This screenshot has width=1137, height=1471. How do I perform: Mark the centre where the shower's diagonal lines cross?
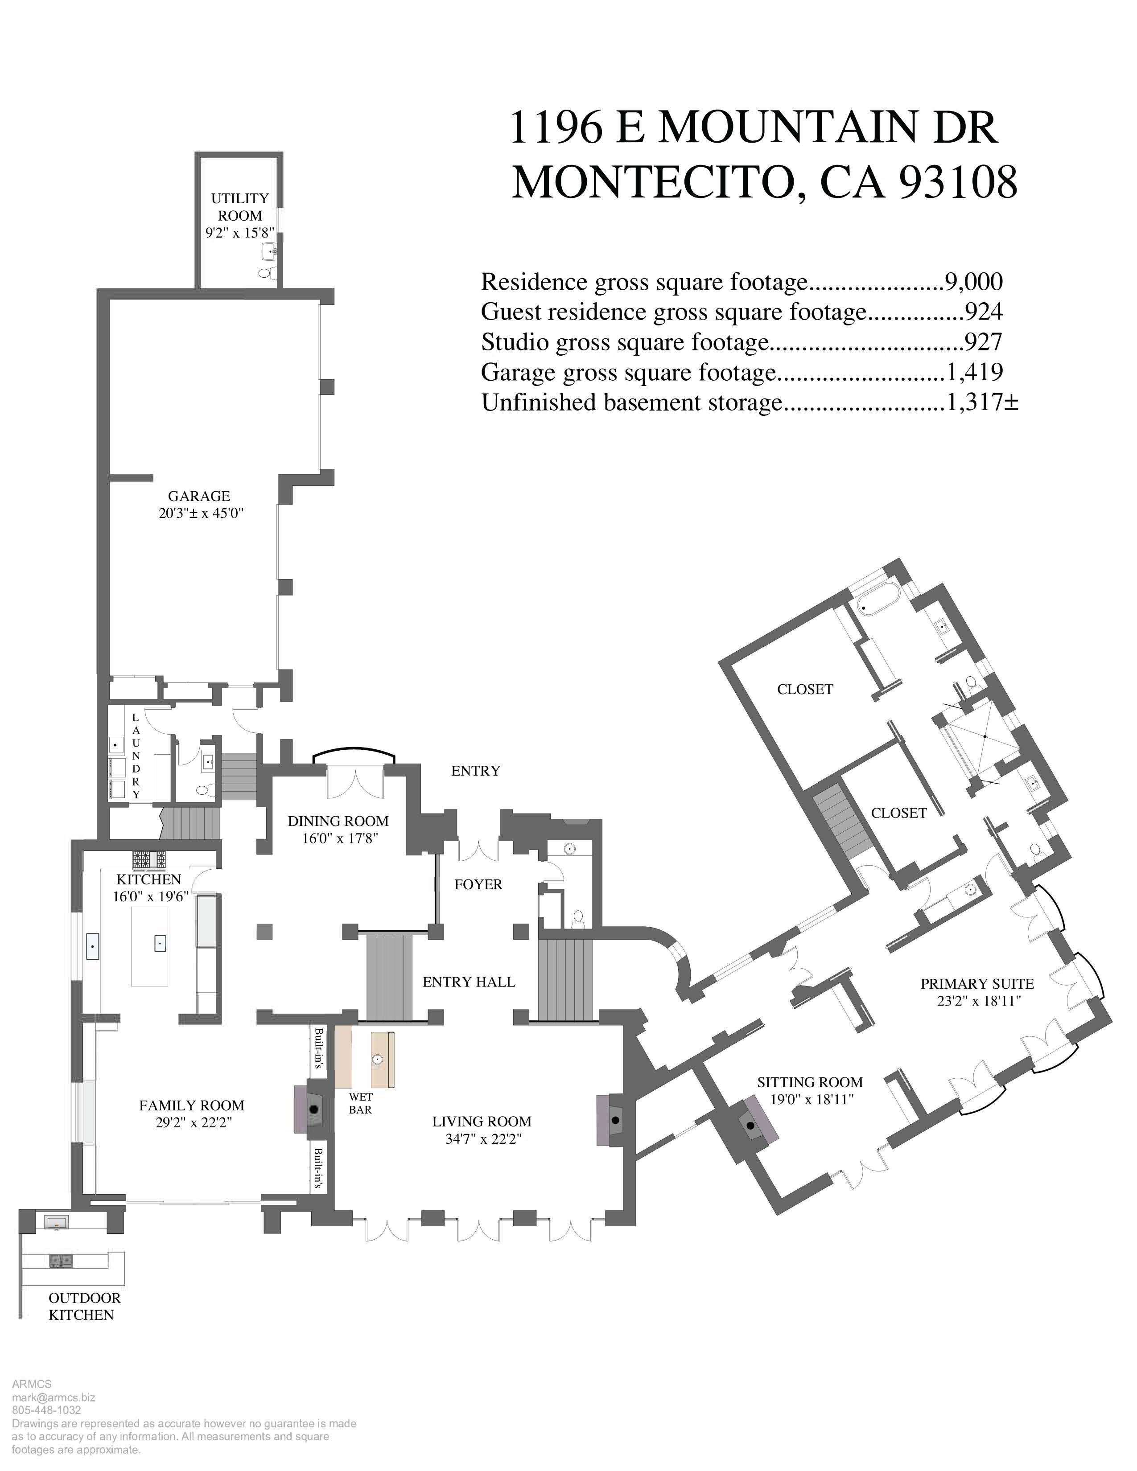[x=985, y=737]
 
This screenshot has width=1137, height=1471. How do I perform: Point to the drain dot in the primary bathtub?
[x=862, y=608]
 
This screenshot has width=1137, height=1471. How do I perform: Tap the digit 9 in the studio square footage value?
[x=972, y=342]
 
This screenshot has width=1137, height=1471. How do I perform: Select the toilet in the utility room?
[x=268, y=273]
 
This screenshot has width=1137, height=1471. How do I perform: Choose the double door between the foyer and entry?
[x=478, y=850]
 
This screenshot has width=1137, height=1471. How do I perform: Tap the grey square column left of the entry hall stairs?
[x=265, y=932]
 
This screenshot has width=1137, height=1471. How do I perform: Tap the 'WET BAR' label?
[x=360, y=1103]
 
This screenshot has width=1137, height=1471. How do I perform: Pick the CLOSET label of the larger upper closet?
[x=805, y=689]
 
